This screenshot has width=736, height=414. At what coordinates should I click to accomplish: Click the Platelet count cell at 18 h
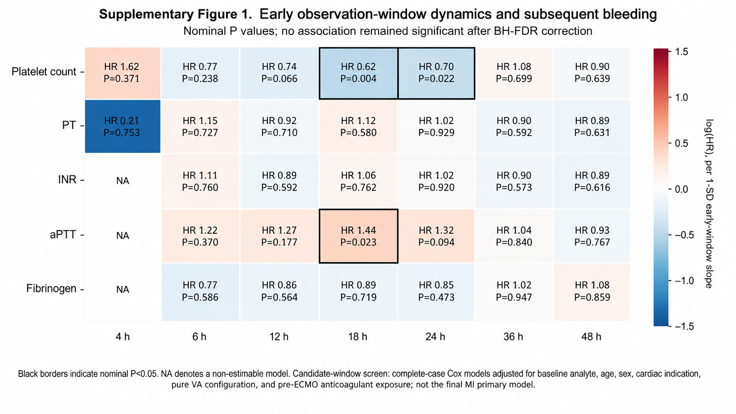tap(358, 73)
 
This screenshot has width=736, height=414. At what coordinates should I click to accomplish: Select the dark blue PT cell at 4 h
tap(122, 126)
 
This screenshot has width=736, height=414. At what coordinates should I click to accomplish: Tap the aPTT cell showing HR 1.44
tap(358, 236)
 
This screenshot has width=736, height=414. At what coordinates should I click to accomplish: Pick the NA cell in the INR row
tap(122, 181)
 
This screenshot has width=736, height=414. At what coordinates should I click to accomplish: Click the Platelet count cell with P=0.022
tap(436, 73)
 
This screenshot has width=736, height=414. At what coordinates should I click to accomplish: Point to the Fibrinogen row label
tap(51, 289)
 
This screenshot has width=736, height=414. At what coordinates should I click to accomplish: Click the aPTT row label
tap(63, 235)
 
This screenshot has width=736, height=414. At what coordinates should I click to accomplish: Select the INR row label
tap(67, 180)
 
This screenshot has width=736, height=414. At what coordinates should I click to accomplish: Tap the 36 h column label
tap(513, 337)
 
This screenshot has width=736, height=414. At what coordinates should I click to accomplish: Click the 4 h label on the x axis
tap(122, 337)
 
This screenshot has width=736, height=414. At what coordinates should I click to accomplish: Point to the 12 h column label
tap(279, 337)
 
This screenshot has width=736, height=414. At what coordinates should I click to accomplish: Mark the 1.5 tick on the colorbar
tap(681, 52)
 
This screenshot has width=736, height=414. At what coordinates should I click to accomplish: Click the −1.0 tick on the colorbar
tap(684, 281)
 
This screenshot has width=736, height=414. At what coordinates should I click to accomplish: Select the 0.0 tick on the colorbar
tap(681, 189)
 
